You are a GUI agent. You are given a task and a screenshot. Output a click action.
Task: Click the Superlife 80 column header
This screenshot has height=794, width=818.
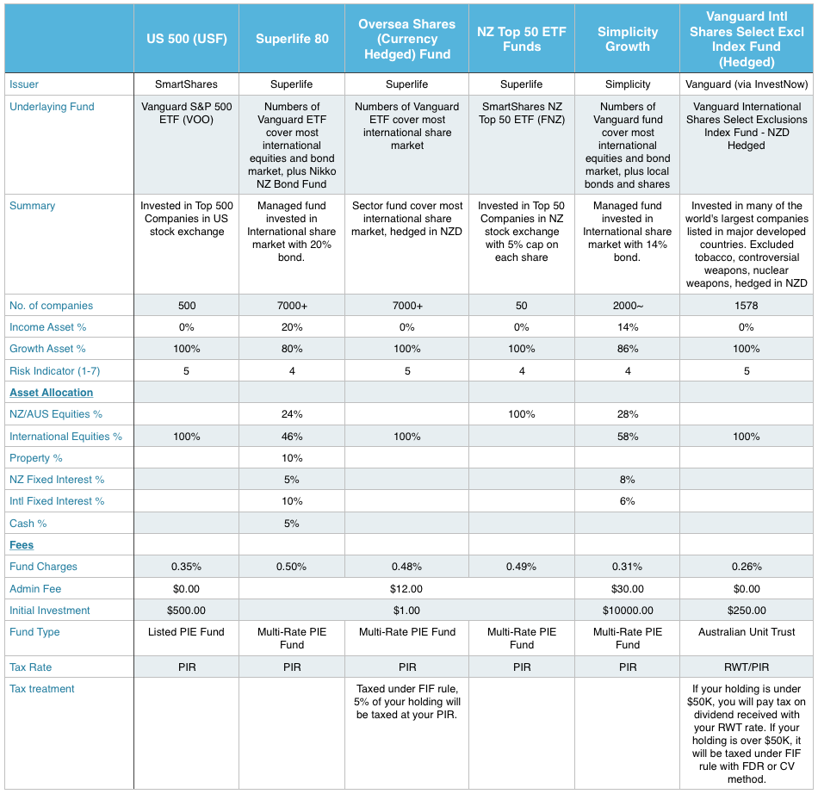(292, 39)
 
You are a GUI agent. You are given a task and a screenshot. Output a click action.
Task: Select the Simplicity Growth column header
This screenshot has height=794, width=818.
(627, 39)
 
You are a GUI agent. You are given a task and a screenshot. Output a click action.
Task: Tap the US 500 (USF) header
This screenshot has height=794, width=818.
(186, 39)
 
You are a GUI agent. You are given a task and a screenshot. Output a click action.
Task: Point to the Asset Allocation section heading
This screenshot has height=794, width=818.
(51, 393)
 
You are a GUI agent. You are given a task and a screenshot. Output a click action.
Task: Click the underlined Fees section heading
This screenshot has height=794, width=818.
(22, 545)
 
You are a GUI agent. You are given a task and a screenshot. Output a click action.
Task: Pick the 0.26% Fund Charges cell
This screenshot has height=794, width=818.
(746, 567)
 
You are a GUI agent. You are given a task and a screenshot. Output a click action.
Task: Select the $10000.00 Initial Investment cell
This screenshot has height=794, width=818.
(627, 611)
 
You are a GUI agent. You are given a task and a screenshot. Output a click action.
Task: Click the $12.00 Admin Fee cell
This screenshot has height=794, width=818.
(406, 589)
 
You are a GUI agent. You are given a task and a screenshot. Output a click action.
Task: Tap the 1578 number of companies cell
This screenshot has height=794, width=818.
(746, 306)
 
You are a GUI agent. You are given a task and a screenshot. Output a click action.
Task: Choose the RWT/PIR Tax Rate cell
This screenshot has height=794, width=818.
(746, 667)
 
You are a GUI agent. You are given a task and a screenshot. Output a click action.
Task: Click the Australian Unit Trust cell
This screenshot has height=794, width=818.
(746, 632)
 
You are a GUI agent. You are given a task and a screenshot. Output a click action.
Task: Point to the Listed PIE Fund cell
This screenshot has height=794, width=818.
(186, 632)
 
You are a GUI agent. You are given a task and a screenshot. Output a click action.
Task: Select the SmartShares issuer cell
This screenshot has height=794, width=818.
(186, 84)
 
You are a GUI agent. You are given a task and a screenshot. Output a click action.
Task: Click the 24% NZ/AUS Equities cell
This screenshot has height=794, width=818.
(292, 414)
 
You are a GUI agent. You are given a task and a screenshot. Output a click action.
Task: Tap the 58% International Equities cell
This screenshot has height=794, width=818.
(627, 437)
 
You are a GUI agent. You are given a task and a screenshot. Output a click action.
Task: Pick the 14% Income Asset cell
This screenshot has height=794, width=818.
(627, 327)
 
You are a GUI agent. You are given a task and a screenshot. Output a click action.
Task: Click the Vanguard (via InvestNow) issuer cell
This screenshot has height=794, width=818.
(746, 84)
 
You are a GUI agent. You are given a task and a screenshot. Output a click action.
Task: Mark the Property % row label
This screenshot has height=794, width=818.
(36, 458)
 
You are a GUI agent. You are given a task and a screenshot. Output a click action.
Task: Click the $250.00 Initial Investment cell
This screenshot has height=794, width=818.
(746, 611)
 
